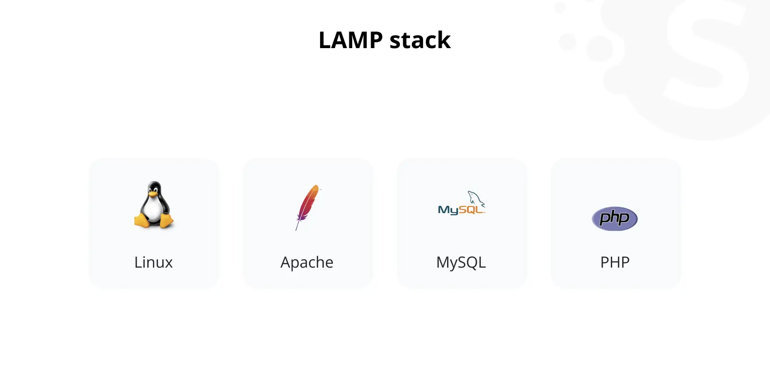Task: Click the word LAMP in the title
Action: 351,40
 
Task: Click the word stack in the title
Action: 420,40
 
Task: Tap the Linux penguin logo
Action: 154,205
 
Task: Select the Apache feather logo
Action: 308,207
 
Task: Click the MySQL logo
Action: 462,203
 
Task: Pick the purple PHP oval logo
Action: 615,218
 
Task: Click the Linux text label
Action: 154,262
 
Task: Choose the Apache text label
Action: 307,263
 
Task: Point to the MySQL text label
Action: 461,263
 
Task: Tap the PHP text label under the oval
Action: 615,262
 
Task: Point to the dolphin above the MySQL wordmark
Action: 476,198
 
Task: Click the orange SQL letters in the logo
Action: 471,209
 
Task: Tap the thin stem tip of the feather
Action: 296,230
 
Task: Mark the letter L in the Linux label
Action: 138,262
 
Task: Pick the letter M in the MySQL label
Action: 443,262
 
